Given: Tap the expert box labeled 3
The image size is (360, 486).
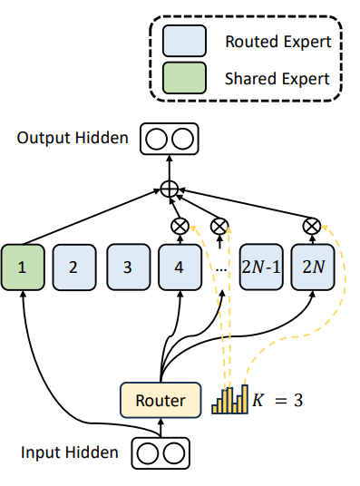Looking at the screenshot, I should [127, 267].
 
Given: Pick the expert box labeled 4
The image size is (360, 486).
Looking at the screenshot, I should [180, 267].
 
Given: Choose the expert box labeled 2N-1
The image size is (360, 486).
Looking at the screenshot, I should [261, 267].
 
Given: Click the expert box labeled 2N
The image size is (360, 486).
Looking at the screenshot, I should [312, 267].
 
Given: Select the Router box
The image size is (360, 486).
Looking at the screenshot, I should [160, 400].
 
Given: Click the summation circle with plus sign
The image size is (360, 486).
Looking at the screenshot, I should [168, 188].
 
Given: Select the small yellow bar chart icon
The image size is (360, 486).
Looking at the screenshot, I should [229, 400].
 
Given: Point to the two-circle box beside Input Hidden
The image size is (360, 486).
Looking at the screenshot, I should [160, 451].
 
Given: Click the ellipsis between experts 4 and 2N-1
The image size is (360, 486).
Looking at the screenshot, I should [219, 268].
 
